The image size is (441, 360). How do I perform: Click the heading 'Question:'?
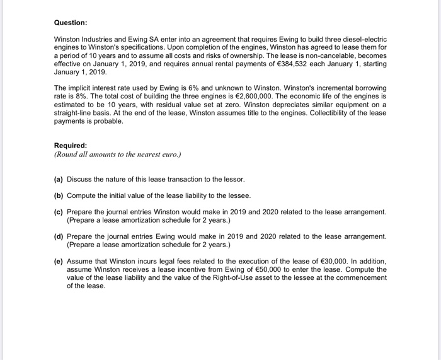pos(71,23)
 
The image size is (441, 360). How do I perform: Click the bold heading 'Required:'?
pos(71,144)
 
